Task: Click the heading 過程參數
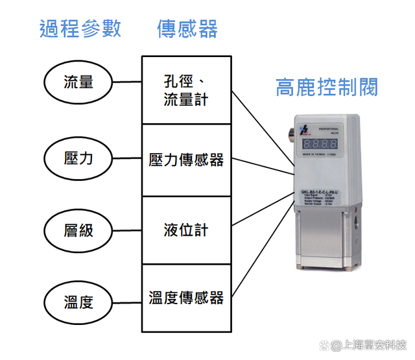click(80, 29)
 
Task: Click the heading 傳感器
click(187, 29)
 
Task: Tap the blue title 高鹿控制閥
click(327, 87)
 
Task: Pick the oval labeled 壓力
click(78, 158)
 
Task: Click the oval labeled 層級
click(78, 230)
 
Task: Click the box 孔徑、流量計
click(186, 90)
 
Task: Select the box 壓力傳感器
click(186, 160)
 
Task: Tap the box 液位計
click(186, 230)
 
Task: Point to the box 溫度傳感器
click(186, 298)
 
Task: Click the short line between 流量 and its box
click(127, 82)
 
